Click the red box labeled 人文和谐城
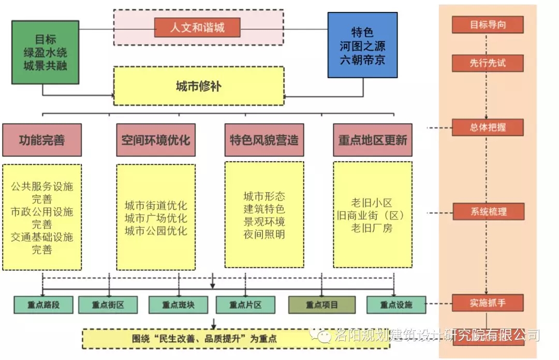(197, 27)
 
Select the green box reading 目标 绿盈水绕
(45, 52)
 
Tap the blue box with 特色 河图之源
(362, 46)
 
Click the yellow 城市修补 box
(198, 86)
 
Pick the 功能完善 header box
(42, 140)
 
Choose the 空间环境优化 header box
(156, 140)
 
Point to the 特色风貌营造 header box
(264, 140)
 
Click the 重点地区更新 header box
(373, 140)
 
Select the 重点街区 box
(108, 305)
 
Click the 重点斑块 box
(178, 305)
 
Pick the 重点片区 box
(245, 305)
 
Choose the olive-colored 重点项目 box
(322, 305)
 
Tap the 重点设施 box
(396, 305)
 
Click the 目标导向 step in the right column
(488, 24)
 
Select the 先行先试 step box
(488, 63)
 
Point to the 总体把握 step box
(488, 127)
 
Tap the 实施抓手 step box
(488, 303)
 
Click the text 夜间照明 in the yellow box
(264, 235)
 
